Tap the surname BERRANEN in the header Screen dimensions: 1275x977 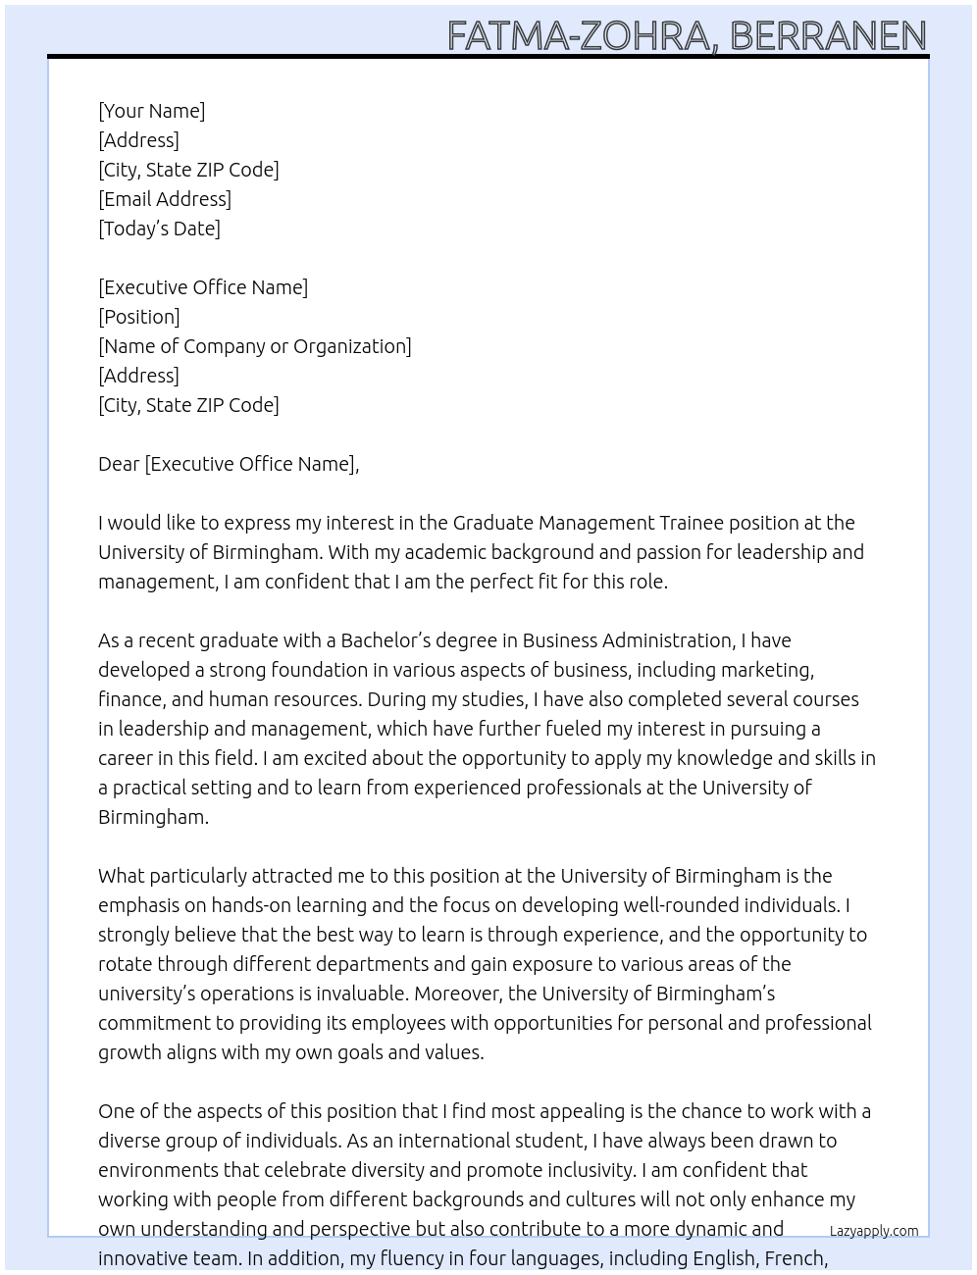click(828, 36)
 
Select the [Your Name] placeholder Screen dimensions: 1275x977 click(152, 111)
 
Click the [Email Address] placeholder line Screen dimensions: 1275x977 click(165, 199)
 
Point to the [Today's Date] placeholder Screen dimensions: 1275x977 click(159, 229)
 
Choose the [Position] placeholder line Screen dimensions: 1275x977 click(139, 317)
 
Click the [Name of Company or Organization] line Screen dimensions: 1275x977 click(255, 346)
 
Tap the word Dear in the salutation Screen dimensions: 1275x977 click(119, 464)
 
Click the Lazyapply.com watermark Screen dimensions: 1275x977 click(874, 1231)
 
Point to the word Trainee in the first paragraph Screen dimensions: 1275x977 click(691, 523)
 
